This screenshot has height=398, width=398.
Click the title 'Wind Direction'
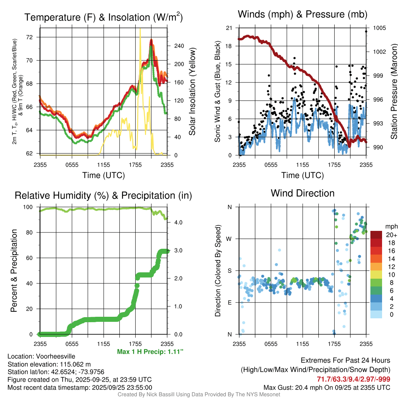(x=302, y=193)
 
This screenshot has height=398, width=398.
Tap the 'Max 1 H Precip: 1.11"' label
(x=150, y=351)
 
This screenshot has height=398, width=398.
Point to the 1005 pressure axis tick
(x=379, y=28)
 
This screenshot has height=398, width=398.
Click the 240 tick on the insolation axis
(x=179, y=46)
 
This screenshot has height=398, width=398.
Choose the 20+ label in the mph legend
(x=391, y=235)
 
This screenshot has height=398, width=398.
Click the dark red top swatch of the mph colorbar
(x=377, y=234)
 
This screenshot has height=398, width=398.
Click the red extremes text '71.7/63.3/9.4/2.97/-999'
(x=354, y=379)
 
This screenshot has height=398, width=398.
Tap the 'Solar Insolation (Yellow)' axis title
(x=192, y=92)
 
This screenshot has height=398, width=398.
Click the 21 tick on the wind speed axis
(x=229, y=28)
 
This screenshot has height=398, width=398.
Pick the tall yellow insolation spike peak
(x=140, y=30)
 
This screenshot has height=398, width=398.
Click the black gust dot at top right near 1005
(x=366, y=31)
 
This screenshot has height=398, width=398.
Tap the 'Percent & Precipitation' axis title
(x=14, y=271)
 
